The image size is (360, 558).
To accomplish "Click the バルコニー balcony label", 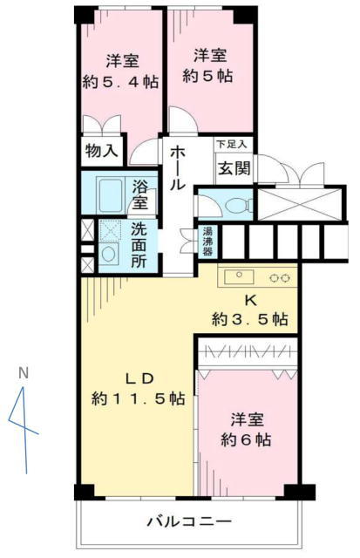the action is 189,522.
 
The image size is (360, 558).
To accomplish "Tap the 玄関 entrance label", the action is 234,168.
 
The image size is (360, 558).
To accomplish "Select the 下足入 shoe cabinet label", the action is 232,145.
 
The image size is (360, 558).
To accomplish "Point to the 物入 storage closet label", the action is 102,151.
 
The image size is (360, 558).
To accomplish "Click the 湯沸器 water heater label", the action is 207,242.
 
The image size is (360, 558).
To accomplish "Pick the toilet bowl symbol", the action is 238,206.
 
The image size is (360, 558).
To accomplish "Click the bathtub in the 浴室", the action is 111,194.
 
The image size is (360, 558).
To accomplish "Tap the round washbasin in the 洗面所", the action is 108,254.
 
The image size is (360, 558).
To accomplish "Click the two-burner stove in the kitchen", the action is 279,278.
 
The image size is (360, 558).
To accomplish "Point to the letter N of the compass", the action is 24,373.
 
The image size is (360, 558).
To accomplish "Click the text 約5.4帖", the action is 120,82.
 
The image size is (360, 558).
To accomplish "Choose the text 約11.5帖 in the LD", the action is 138,398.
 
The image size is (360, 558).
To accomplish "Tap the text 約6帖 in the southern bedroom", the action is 246,439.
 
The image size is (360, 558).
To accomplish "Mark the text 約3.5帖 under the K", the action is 250,319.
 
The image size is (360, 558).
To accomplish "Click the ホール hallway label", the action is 178,168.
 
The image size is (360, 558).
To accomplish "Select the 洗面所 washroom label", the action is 139,246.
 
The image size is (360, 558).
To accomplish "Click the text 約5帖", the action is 207,76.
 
